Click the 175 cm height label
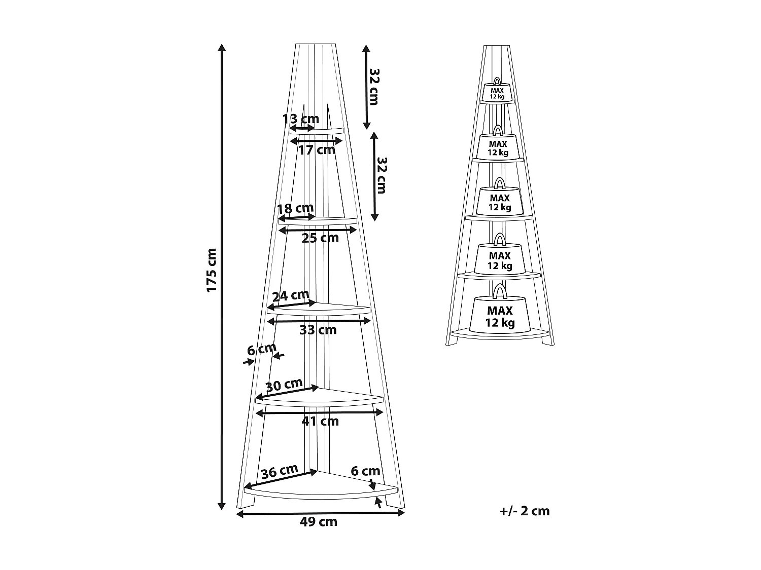(x=212, y=270)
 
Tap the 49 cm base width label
(x=319, y=522)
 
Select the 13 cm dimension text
(x=301, y=119)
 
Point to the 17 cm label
(x=317, y=150)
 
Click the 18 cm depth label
(x=296, y=208)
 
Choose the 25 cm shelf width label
(x=320, y=238)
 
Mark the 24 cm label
(x=291, y=295)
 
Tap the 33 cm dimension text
(x=318, y=330)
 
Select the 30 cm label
(x=284, y=385)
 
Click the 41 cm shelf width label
(x=320, y=421)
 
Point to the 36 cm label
(x=279, y=472)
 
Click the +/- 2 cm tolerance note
(x=525, y=511)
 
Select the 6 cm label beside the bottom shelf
(x=365, y=471)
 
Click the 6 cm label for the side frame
(x=261, y=349)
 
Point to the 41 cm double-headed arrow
(x=320, y=413)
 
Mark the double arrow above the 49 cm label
(x=321, y=513)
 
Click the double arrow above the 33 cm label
(x=319, y=321)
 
